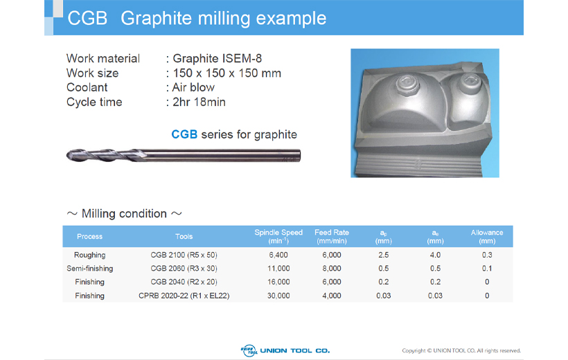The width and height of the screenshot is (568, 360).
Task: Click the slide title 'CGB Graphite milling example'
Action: (197, 18)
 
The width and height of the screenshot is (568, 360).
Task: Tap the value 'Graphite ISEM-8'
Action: (217, 58)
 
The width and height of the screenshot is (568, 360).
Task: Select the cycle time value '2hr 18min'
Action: (199, 102)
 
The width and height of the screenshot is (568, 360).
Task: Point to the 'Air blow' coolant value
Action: (193, 87)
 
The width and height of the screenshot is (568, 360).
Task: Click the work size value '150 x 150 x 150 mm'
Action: (227, 73)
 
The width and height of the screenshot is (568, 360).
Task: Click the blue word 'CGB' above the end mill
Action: (184, 134)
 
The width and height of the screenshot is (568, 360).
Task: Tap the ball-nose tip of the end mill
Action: (69, 155)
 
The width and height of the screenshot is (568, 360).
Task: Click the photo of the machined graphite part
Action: (425, 113)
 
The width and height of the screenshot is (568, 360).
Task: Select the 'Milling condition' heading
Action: (124, 214)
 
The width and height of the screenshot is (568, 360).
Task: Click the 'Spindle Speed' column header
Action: (278, 237)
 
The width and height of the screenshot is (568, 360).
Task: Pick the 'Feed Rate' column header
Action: (332, 237)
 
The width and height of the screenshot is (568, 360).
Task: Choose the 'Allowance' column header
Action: (487, 237)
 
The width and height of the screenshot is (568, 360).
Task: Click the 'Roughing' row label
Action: (89, 255)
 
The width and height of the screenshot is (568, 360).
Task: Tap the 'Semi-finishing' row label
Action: (89, 269)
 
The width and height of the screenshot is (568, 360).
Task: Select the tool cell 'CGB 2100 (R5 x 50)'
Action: (184, 255)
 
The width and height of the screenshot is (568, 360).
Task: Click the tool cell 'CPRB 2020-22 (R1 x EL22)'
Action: (184, 296)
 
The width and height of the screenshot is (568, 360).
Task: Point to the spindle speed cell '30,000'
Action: (278, 296)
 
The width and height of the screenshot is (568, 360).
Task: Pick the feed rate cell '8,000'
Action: (332, 269)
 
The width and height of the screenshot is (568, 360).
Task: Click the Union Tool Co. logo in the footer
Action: (285, 350)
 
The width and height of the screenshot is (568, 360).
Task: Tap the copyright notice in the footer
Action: (461, 350)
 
